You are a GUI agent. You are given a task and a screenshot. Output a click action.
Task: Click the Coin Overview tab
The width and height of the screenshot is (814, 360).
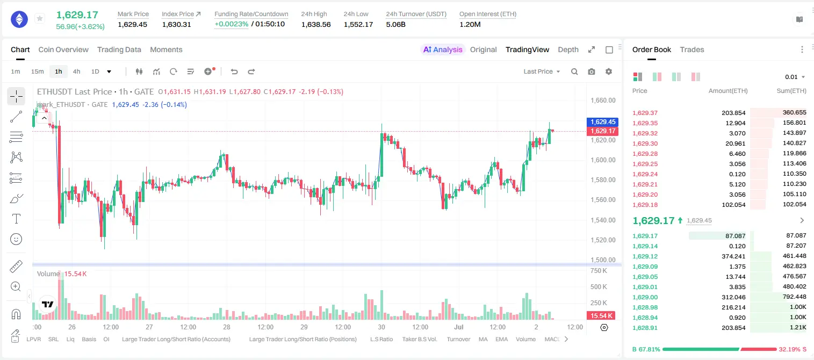(x=63, y=49)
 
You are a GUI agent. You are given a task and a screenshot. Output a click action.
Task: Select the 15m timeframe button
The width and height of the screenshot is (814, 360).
(x=37, y=71)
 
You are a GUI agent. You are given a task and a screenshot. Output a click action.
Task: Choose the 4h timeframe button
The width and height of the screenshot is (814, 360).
(x=76, y=71)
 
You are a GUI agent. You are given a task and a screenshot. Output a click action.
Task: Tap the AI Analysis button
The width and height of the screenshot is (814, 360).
(x=443, y=49)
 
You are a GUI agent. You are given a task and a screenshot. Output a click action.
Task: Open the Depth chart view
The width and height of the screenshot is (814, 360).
(x=568, y=49)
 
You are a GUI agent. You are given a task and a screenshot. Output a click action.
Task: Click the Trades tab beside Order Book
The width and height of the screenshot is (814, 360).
(x=692, y=49)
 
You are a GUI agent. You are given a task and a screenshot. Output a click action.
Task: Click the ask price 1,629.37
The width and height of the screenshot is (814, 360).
(x=645, y=113)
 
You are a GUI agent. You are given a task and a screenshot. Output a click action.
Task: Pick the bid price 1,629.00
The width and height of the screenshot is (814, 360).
(x=645, y=297)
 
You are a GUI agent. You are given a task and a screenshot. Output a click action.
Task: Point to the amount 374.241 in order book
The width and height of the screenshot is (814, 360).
(x=733, y=256)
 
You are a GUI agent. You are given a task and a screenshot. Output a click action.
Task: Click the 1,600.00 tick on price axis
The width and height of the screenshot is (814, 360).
(x=603, y=160)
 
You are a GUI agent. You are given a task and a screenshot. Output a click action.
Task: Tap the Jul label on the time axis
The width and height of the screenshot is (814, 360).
(x=459, y=327)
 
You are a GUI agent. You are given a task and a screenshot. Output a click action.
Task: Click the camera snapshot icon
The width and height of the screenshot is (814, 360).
(x=592, y=71)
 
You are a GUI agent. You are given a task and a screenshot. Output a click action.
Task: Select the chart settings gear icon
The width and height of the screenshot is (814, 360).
(x=609, y=71)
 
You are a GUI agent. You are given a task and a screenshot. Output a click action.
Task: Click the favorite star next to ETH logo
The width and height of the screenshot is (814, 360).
(x=40, y=18)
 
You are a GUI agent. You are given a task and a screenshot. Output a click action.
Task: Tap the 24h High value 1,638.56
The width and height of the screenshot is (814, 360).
(x=316, y=24)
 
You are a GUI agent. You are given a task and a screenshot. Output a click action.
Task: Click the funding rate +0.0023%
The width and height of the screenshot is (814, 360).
(x=232, y=24)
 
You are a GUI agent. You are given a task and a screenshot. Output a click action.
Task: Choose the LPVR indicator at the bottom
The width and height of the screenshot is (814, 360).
(x=34, y=339)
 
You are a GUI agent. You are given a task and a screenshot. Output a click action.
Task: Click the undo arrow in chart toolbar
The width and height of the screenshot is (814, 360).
(x=234, y=71)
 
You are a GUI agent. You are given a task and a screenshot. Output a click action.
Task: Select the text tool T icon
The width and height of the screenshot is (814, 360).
(x=16, y=219)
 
